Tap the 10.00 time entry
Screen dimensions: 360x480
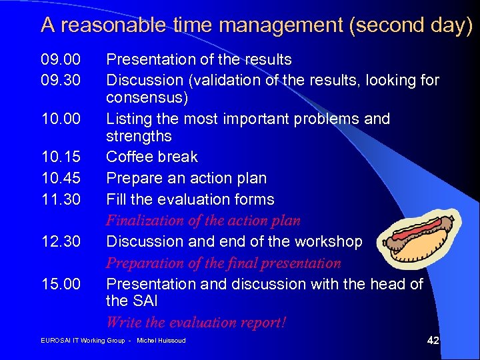coord(61,119)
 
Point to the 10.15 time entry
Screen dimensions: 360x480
coord(61,157)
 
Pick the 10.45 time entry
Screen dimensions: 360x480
coord(61,179)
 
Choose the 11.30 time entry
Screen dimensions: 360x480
coord(61,199)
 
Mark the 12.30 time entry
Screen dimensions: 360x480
coord(61,241)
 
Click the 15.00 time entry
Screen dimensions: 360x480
coord(61,284)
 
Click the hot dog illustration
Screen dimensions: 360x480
coord(418,239)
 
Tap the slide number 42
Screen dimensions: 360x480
coord(433,341)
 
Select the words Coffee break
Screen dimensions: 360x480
coord(152,157)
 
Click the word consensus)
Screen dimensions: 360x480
coord(147,99)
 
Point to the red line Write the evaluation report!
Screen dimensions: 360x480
coord(196,323)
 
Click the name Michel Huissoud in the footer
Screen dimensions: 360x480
coord(161,341)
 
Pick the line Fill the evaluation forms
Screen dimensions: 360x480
coord(190,199)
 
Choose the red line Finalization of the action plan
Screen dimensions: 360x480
coord(203,221)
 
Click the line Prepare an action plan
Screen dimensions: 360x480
coord(186,179)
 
